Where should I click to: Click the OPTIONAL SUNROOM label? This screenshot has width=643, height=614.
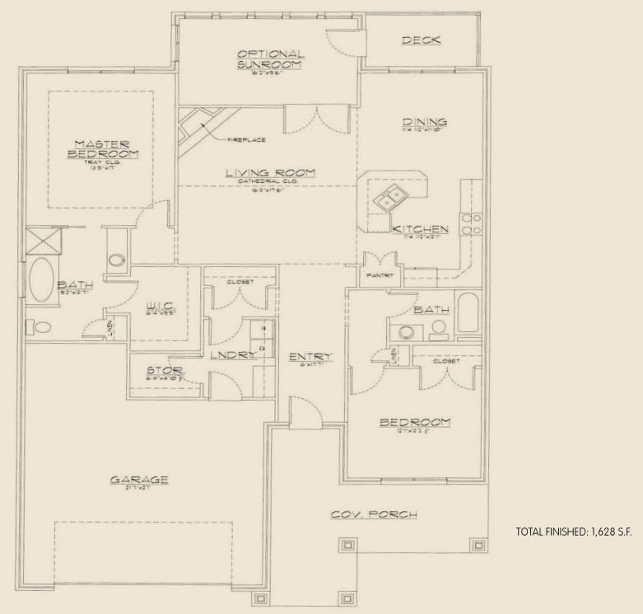pos(269,59)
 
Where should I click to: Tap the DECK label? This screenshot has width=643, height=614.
pos(420,40)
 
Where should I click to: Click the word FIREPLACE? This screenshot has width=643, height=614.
pos(246,140)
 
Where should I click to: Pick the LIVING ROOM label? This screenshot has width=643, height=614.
pos(266,173)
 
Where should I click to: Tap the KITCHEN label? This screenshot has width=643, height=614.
pos(420,229)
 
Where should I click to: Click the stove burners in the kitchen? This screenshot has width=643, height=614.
pos(472,224)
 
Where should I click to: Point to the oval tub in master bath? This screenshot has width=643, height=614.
pos(40,280)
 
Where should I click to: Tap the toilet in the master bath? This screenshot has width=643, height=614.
pos(39,327)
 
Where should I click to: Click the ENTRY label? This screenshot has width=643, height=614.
pos(310,357)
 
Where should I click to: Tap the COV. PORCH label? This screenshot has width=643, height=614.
pos(374,514)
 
